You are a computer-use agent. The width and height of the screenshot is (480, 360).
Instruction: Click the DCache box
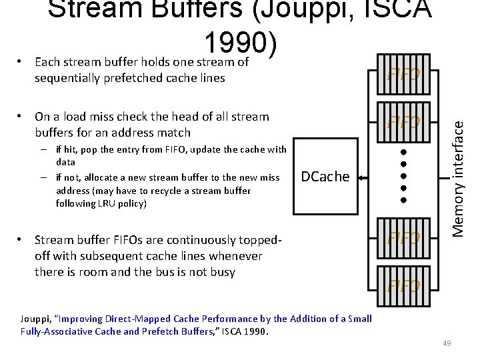coord(325,177)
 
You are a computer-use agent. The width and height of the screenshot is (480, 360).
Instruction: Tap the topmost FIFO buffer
coord(404,73)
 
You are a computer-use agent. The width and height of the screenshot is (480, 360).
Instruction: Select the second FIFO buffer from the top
coord(404,122)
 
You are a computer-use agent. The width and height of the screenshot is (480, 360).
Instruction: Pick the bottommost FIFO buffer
coord(404,287)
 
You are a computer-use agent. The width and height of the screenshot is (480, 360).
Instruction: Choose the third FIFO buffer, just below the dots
coord(404,238)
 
